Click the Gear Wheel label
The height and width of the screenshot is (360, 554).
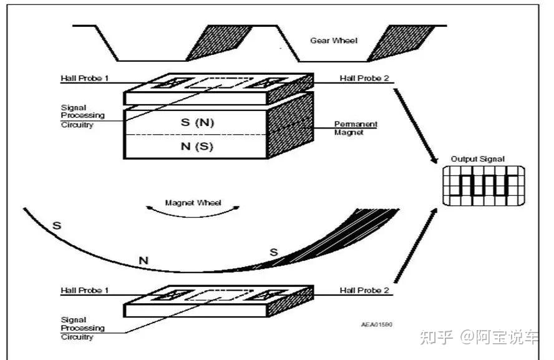coord(334,41)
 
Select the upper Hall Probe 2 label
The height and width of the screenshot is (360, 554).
coord(364,79)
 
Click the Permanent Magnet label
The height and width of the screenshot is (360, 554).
coord(356,128)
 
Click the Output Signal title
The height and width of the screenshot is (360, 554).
coord(478,159)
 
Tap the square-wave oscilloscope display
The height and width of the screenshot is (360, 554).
coord(480,186)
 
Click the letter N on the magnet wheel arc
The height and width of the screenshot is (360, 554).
coord(143,260)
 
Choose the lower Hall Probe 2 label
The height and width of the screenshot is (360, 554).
coord(364,291)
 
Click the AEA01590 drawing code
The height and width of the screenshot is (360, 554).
coord(377,324)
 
